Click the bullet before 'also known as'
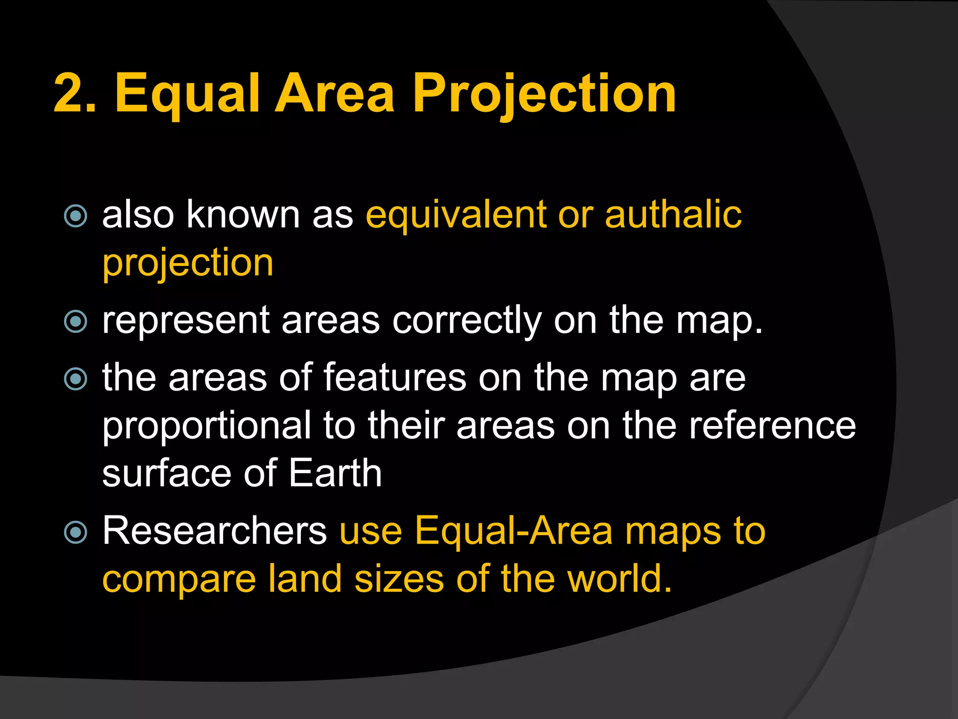point(75,216)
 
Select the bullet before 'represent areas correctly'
point(75,322)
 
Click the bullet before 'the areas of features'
point(75,379)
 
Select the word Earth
point(335,474)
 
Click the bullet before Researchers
point(75,533)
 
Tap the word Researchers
point(215,531)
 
